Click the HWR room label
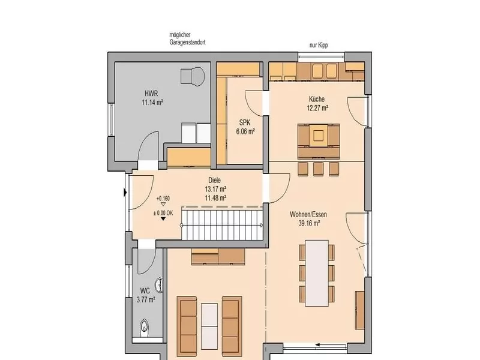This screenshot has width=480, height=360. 151,94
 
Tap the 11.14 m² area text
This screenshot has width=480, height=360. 152,102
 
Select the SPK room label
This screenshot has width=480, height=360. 245,123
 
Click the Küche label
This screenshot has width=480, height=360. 317,99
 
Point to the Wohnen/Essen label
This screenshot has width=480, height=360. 308,215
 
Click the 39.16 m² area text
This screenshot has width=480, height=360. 309,223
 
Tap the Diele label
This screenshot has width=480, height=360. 214,181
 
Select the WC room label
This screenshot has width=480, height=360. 145,290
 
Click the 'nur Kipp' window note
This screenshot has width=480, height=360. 319,46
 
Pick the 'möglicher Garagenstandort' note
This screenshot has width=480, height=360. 187,39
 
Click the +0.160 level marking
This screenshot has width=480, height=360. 163,199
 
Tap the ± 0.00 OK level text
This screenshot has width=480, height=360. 163,213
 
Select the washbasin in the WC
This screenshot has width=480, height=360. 159,285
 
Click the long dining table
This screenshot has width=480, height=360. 317,273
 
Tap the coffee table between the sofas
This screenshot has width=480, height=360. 209,326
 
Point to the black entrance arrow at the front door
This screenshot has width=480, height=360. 125,193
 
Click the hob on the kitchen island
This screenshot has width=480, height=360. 319,135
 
